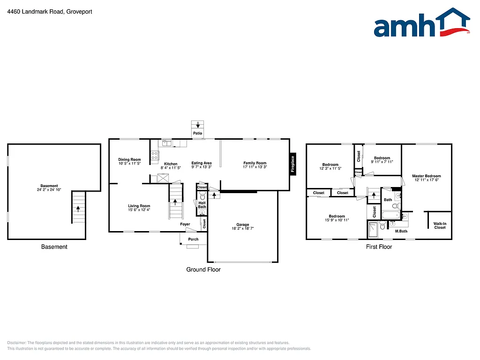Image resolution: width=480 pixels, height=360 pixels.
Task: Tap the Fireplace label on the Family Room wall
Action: coord(293,164)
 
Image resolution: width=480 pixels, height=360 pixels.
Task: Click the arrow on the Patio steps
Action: coord(198,125)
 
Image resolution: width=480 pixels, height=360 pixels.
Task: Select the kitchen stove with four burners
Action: coord(155,156)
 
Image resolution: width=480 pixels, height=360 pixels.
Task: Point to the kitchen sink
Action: coord(166,143)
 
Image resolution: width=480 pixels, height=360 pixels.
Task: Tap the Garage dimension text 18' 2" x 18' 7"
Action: coord(242,229)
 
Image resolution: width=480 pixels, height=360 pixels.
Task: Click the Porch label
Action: coord(193,239)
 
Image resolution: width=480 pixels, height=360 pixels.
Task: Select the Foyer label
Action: coord(185,224)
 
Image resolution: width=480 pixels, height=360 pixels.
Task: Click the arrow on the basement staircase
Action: coord(78,208)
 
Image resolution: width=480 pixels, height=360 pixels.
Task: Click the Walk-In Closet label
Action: coord(440,225)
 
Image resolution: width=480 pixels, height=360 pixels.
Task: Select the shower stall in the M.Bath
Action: coord(373,230)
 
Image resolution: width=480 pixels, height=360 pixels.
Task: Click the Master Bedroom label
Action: coord(426,176)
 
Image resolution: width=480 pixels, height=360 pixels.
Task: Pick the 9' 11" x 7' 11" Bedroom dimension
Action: coord(382,162)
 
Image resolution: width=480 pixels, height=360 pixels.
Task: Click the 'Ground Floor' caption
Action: coord(203,270)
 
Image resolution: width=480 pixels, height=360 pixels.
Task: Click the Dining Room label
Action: coord(129,160)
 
